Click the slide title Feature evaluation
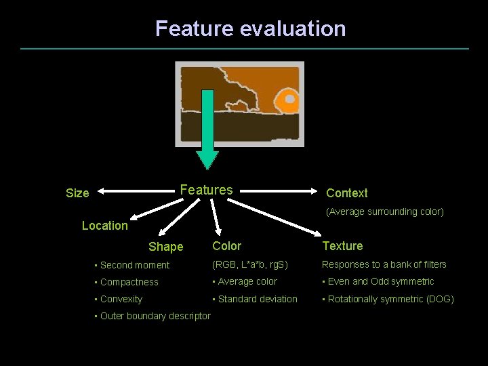pos(250,28)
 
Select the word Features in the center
pos(206,190)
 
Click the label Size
pos(77,193)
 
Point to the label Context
pos(346,193)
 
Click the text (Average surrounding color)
pos(385,211)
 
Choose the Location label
pos(104,226)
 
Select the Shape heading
pos(165,247)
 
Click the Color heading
pos(226,246)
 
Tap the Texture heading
pos(342,246)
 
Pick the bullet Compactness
pos(129,282)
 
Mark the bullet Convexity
pos(121,299)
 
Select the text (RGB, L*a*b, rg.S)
pos(249,264)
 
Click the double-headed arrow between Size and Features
pos(135,192)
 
